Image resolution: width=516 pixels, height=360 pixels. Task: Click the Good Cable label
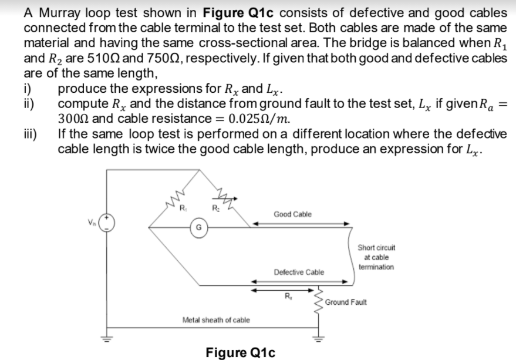click(292, 214)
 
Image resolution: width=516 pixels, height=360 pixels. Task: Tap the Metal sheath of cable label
click(216, 320)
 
